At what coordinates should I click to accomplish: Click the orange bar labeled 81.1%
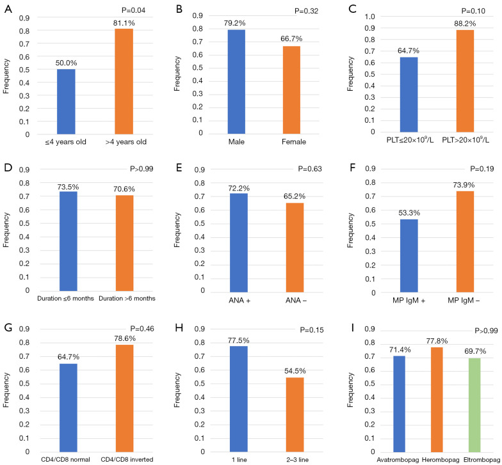pyautogui.click(x=124, y=82)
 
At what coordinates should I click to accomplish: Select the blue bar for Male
pyautogui.click(x=236, y=82)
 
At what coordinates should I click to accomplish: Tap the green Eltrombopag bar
pyautogui.click(x=474, y=405)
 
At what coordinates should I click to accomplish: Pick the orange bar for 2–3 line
pyautogui.click(x=295, y=414)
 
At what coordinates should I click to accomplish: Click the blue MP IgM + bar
pyautogui.click(x=409, y=256)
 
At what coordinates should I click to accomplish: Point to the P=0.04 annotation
pyautogui.click(x=133, y=10)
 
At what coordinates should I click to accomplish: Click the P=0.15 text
pyautogui.click(x=311, y=330)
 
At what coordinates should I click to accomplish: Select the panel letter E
pyautogui.click(x=179, y=168)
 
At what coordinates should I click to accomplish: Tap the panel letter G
pyautogui.click(x=8, y=327)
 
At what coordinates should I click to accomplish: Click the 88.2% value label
pyautogui.click(x=465, y=24)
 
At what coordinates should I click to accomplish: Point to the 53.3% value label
pyautogui.click(x=409, y=213)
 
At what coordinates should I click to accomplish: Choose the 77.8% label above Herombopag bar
pyautogui.click(x=437, y=341)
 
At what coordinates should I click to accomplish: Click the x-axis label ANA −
pyautogui.click(x=296, y=301)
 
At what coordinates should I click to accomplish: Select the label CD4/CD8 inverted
pyautogui.click(x=127, y=459)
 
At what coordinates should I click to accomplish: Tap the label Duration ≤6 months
pyautogui.click(x=65, y=298)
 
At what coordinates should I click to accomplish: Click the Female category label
pyautogui.click(x=294, y=142)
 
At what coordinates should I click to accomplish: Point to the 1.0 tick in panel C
pyautogui.click(x=370, y=17)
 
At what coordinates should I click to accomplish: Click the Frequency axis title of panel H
pyautogui.click(x=177, y=390)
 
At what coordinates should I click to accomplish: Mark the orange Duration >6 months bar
pyautogui.click(x=124, y=243)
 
